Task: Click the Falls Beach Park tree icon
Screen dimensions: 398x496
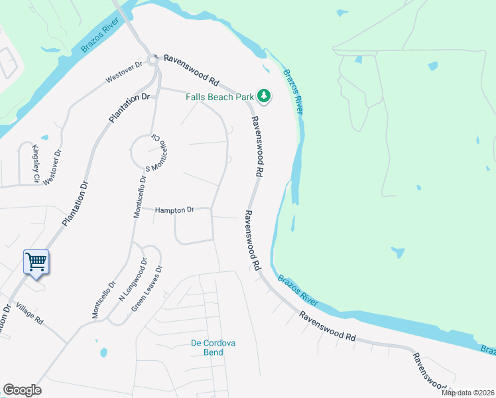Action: point(265,97)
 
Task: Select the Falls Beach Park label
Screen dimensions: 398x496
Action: point(219,97)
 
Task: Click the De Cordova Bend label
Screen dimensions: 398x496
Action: point(214,348)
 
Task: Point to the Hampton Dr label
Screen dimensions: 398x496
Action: point(174,210)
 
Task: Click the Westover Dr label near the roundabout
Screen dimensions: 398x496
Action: point(124,72)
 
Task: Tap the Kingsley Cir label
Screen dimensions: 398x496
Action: point(35,163)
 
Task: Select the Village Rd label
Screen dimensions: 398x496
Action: point(29,314)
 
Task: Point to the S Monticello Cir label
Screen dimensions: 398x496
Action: point(157,152)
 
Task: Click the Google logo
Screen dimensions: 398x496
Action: point(22,390)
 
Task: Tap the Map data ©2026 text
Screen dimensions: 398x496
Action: point(468,393)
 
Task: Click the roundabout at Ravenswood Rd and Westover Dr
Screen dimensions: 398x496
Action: point(152,60)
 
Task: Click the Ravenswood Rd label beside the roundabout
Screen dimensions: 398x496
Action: point(192,72)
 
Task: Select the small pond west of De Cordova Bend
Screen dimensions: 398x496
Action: point(101,351)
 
